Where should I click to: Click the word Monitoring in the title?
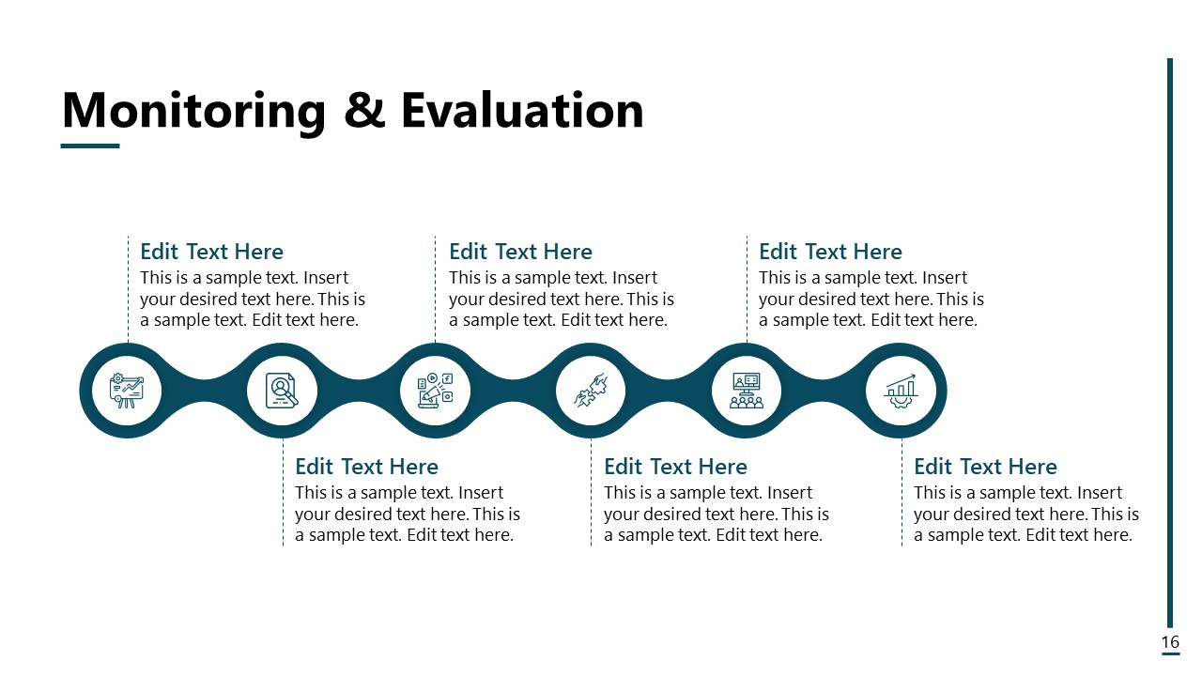point(193,111)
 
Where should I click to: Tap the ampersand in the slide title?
point(363,111)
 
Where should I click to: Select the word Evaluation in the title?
point(522,111)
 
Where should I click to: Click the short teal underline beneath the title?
point(90,146)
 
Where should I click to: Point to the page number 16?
point(1170,642)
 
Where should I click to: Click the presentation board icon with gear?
point(127,391)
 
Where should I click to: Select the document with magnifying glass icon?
point(282,391)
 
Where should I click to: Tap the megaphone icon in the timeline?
point(435,391)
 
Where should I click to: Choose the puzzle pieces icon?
point(592,391)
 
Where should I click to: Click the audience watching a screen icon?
point(747,391)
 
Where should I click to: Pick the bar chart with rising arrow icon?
point(901,391)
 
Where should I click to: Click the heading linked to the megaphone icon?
point(520,252)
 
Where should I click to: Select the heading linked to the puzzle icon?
point(675,467)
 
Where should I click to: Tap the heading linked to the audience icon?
point(830,252)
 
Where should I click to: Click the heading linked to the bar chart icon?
point(985,467)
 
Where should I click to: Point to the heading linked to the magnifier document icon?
point(366,467)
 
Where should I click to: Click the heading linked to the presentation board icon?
point(211,252)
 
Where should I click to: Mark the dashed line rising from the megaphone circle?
point(435,291)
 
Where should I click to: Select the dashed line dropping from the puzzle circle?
point(591,493)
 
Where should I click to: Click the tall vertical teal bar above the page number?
point(1170,338)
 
